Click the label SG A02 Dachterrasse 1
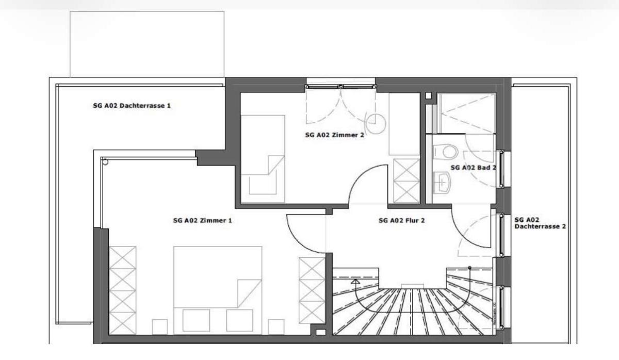tap(132, 106)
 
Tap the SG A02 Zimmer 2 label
tap(335, 135)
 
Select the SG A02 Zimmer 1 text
tap(203, 220)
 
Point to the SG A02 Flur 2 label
tap(401, 220)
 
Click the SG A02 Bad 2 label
tap(474, 168)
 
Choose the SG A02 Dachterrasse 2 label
tap(540, 223)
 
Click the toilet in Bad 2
tap(445, 152)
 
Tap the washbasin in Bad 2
tap(442, 183)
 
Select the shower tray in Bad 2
tap(466, 113)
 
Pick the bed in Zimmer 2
tap(263, 159)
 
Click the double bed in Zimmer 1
tap(218, 290)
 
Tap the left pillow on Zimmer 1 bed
tap(196, 320)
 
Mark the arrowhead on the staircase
tap(355, 282)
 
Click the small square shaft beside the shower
tap(428, 96)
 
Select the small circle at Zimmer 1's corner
tap(105, 162)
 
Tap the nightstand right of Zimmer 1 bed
tap(276, 327)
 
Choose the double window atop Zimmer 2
tap(341, 87)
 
